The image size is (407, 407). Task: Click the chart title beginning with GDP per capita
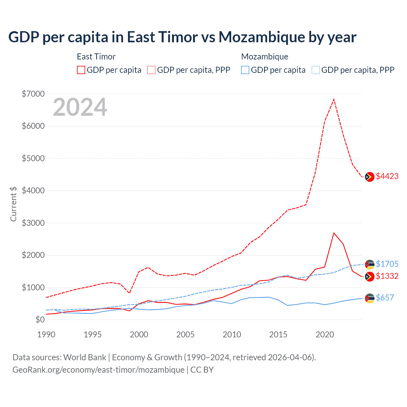click(182, 37)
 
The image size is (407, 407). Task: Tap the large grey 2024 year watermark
click(80, 107)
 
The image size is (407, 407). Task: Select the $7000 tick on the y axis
click(33, 94)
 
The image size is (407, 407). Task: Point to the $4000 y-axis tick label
click(33, 190)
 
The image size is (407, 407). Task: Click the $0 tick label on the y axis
click(40, 320)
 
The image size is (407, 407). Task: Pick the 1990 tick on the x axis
click(46, 335)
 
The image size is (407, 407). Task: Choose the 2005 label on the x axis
click(185, 335)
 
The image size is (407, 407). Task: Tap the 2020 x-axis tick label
click(325, 335)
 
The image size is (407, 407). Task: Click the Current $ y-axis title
click(13, 204)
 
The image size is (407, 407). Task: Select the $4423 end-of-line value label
click(387, 176)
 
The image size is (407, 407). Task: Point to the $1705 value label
click(387, 264)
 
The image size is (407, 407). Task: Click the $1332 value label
click(387, 276)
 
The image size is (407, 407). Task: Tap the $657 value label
click(385, 298)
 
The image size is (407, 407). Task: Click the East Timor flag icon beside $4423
click(369, 177)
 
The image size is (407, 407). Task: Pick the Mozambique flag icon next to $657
click(369, 298)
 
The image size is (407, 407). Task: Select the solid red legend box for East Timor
click(81, 70)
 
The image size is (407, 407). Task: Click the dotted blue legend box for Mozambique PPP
click(316, 70)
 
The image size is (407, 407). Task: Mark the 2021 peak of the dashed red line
click(334, 99)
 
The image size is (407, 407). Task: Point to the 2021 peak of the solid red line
click(334, 233)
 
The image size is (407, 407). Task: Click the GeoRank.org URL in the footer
click(98, 370)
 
